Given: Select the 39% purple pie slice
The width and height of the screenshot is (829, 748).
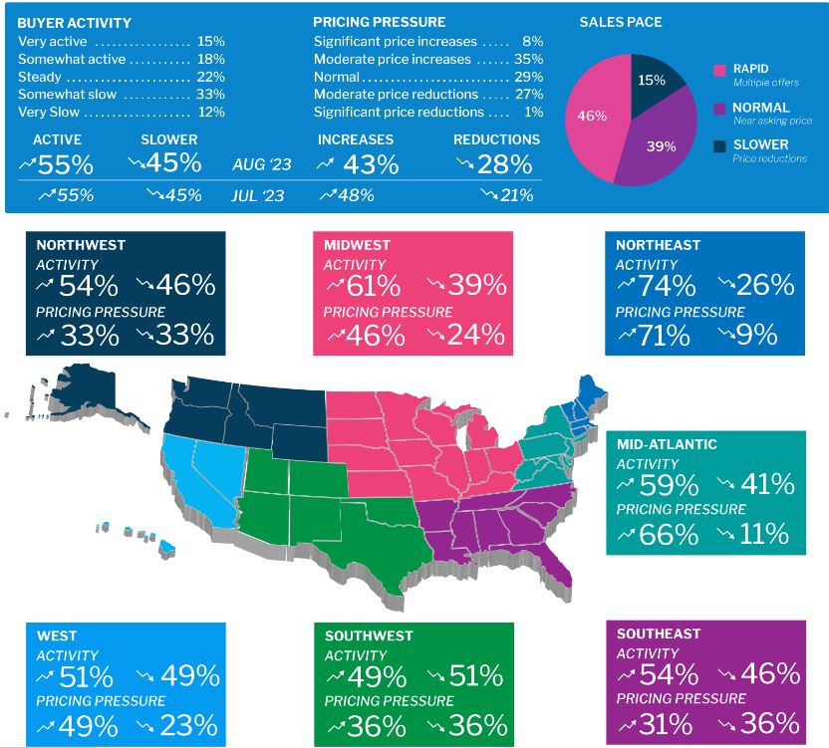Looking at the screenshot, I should point(660,147).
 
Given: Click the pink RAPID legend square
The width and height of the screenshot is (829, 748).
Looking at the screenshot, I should point(719,68).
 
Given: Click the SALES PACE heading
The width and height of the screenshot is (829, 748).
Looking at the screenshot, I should point(620,22).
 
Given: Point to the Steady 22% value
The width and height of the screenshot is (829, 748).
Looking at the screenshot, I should point(210,78).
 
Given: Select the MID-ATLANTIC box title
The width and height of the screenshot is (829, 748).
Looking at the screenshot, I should point(667,444).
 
